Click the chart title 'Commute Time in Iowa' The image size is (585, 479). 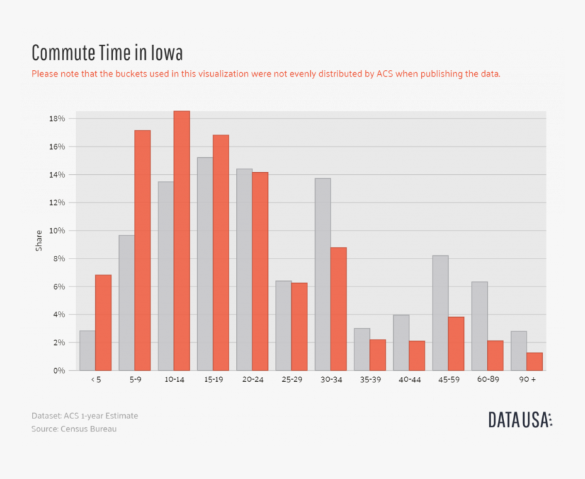pos(107,53)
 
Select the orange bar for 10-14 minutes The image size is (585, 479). pos(182,241)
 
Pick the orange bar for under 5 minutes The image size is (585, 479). pos(103,323)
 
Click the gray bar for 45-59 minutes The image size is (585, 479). pos(440,313)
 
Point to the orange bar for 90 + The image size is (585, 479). pos(534,361)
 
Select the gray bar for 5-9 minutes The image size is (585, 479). pos(127,303)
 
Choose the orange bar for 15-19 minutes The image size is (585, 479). pos(221,252)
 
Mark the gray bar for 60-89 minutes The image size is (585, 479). pos(480,326)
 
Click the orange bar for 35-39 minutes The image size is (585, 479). pos(378,354)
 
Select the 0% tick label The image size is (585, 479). pos(58,371)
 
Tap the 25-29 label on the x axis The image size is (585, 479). pos(291,380)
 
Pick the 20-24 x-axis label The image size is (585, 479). pos(252,380)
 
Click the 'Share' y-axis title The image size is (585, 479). pos(39,240)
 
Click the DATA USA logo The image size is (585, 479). pos(520,420)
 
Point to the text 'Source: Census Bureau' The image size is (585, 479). pos(73,429)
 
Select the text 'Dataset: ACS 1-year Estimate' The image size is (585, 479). pos(84,416)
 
